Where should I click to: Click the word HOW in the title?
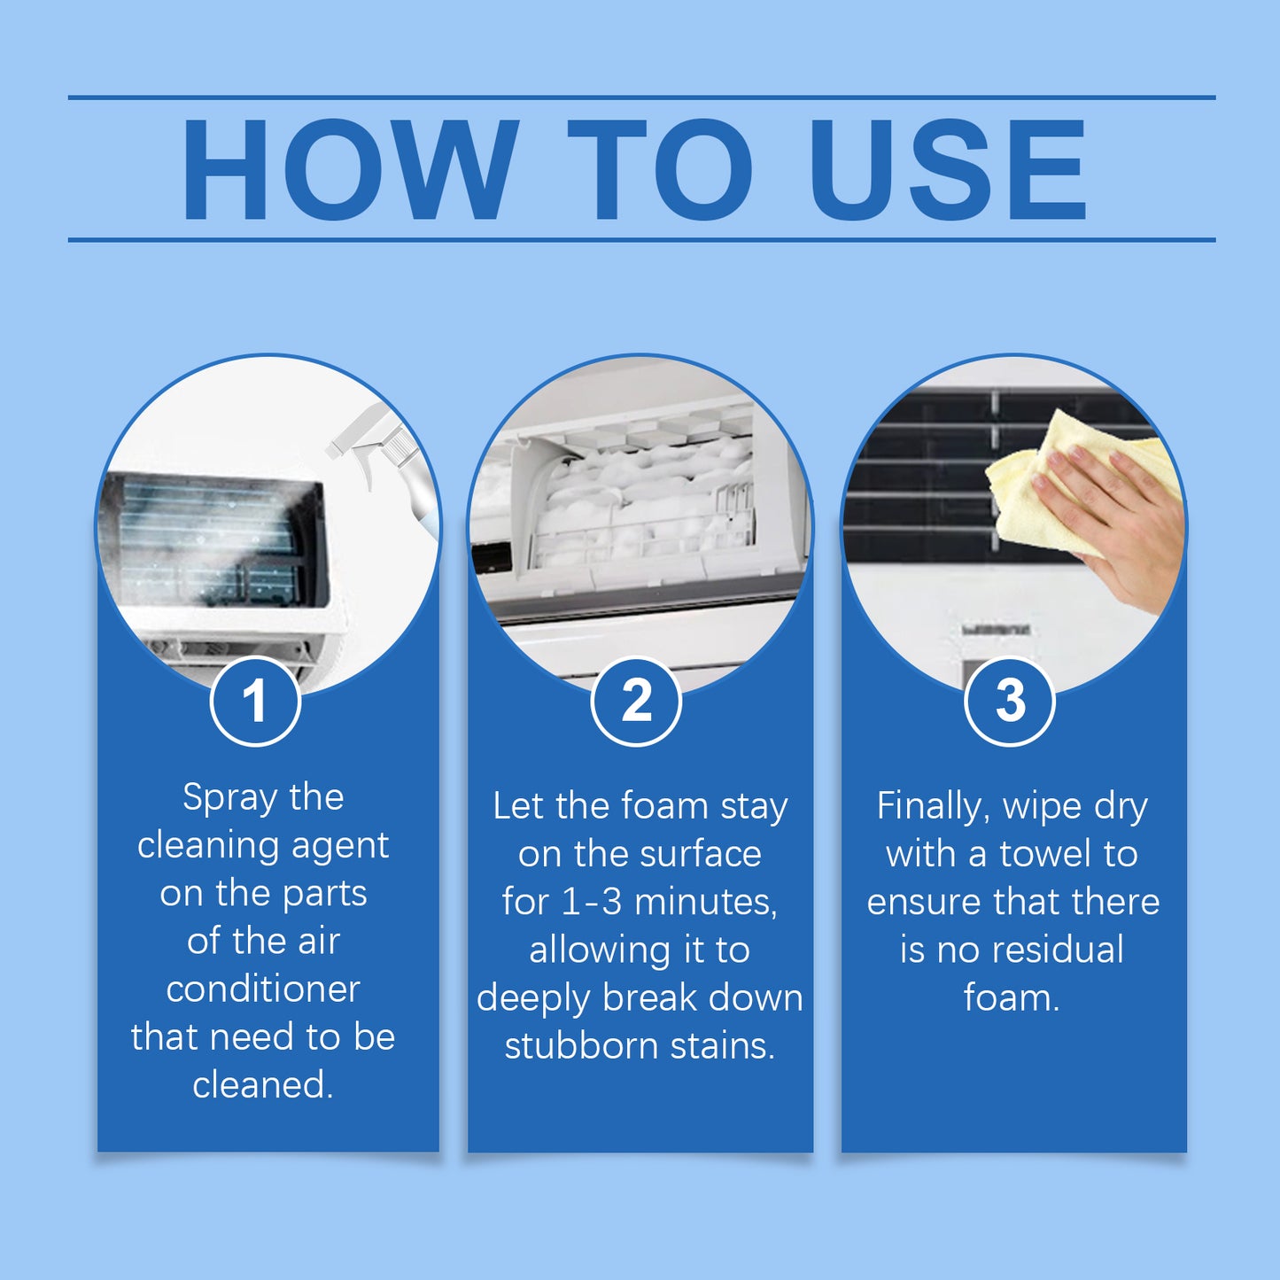point(350,170)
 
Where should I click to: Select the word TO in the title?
point(660,170)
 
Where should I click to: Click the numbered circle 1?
point(255,702)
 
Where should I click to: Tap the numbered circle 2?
point(636,702)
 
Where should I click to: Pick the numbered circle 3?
point(1009,702)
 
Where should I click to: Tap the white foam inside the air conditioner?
point(638,496)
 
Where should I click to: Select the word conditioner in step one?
point(263,989)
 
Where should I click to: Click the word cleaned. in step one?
point(263,1084)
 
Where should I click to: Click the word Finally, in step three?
point(932,806)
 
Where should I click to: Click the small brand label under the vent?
point(997,630)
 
